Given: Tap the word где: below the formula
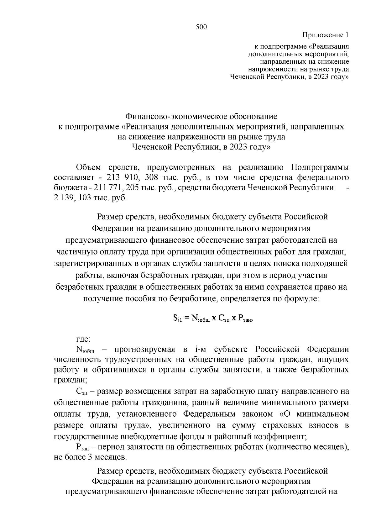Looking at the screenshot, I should point(84,339).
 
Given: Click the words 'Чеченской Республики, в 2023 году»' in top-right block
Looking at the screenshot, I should point(289,77).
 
